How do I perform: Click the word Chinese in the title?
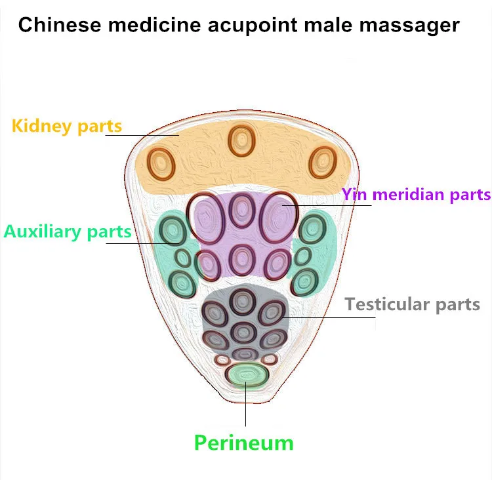[60, 24]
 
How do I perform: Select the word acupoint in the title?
[253, 26]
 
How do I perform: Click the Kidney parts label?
[66, 126]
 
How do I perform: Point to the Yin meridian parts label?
[416, 195]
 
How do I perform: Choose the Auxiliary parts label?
[68, 232]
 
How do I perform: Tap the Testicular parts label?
[413, 304]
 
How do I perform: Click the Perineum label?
[244, 443]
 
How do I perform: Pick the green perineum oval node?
[247, 374]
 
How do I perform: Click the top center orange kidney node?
[241, 141]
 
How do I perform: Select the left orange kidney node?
[161, 164]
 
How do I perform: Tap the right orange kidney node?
[323, 163]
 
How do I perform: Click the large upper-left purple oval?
[205, 218]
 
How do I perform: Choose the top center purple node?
[242, 210]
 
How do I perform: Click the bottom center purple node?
[242, 260]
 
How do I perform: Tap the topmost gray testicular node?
[242, 302]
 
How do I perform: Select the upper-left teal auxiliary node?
[173, 231]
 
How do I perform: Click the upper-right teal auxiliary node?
[312, 229]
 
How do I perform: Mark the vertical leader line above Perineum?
[246, 404]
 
